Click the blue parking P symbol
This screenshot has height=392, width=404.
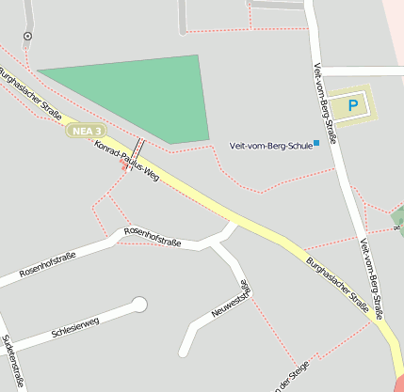coord(353,105)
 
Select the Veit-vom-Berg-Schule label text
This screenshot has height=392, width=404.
coord(270,145)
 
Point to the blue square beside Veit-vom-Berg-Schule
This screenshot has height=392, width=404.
coord(316,143)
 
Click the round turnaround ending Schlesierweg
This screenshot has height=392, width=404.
coord(139,305)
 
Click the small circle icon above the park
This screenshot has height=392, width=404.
coord(27,37)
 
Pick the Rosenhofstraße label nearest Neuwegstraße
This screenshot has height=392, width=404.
coord(151,236)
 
